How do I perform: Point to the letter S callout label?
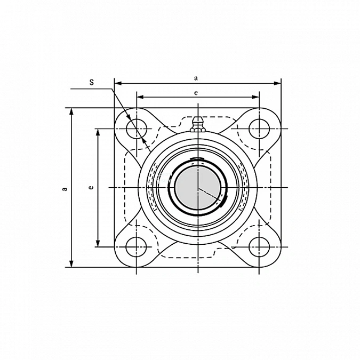[92, 82]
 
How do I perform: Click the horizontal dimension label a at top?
[196, 78]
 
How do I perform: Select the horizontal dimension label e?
[196, 93]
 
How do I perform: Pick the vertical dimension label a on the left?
[65, 189]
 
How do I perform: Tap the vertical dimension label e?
[91, 188]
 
